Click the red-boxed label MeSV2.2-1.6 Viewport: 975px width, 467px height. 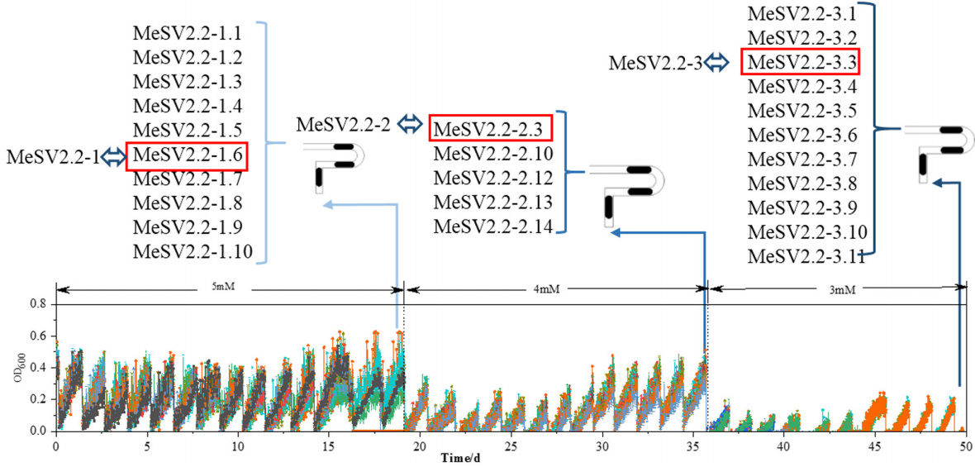[x=186, y=155]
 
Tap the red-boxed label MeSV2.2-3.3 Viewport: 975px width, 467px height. [x=801, y=61]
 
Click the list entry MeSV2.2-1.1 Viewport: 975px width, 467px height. [x=186, y=34]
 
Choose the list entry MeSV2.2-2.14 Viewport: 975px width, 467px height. [x=493, y=226]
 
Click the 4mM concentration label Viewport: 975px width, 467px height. [x=550, y=288]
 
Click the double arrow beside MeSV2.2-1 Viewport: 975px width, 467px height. [x=113, y=156]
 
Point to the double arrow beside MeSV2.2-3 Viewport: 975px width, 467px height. [x=716, y=61]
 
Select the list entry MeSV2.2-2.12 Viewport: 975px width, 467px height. [x=493, y=178]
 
